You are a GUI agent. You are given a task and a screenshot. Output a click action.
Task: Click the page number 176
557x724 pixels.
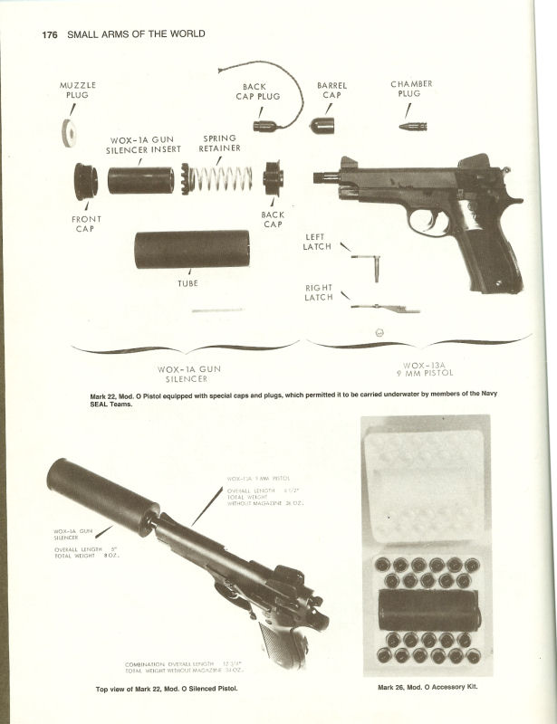pyautogui.click(x=49, y=34)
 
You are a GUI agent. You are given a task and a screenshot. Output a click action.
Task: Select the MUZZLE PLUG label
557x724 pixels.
pyautogui.click(x=78, y=90)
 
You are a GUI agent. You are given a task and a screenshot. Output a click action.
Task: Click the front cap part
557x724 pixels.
pyautogui.click(x=86, y=181)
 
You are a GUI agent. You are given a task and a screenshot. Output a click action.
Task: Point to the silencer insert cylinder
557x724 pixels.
pyautogui.click(x=140, y=180)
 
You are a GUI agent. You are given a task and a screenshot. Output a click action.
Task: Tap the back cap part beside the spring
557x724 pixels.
pyautogui.click(x=273, y=177)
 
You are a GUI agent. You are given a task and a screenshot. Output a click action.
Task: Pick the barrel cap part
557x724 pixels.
pyautogui.click(x=322, y=124)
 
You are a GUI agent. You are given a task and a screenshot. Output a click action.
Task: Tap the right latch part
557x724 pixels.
pyautogui.click(x=385, y=309)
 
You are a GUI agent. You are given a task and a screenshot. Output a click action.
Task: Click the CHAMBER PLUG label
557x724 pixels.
pyautogui.click(x=411, y=89)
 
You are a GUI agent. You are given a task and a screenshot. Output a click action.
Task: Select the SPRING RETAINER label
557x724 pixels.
pyautogui.click(x=220, y=144)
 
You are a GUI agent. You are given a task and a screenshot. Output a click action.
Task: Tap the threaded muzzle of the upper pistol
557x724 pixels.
pyautogui.click(x=325, y=178)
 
